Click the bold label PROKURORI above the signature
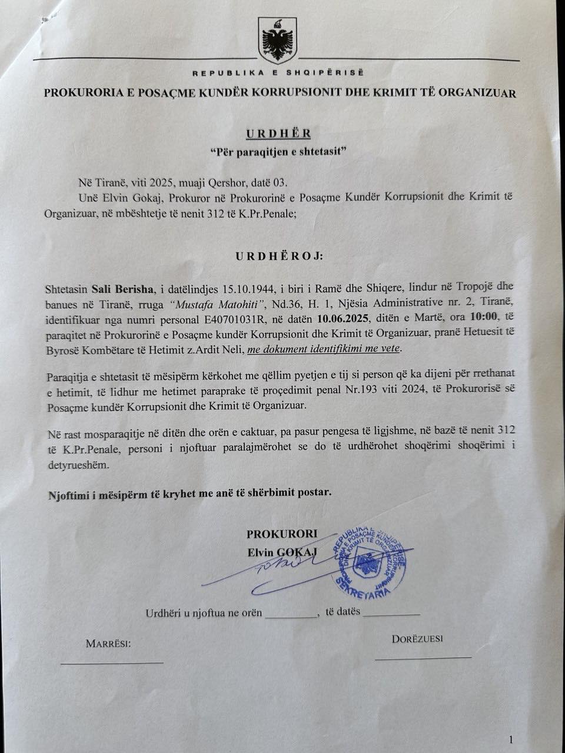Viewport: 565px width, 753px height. [281, 534]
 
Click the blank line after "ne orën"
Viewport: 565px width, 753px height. [291, 615]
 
